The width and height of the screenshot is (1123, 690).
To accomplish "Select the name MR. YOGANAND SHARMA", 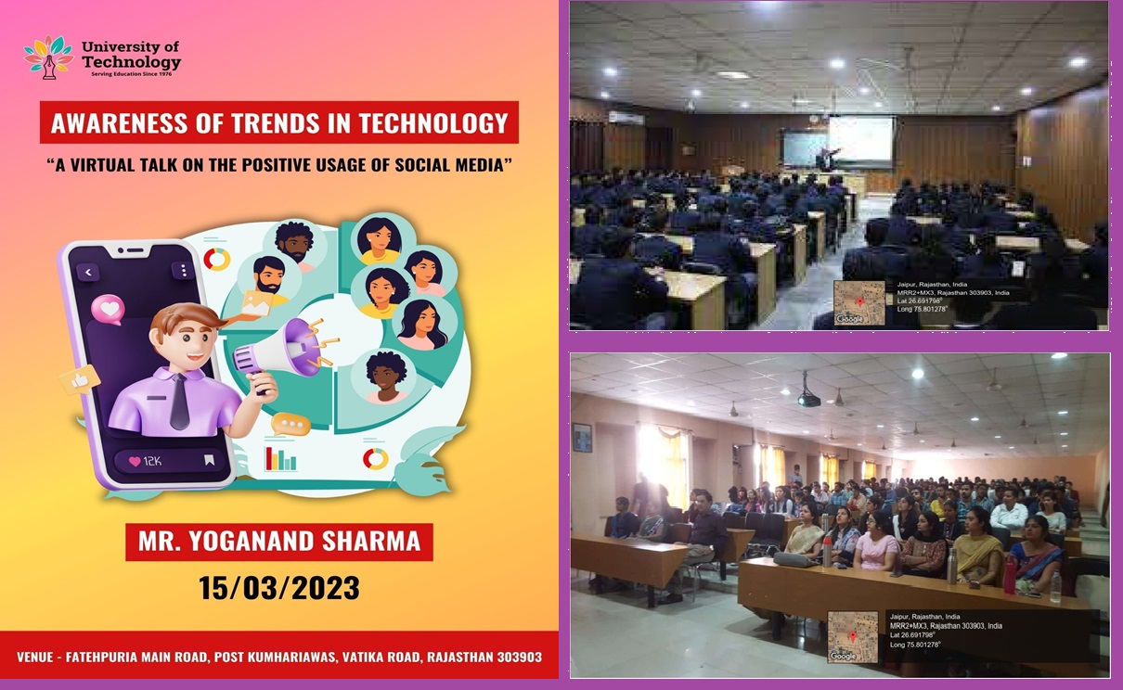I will [279, 542].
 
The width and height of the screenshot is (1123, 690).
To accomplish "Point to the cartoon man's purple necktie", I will [179, 402].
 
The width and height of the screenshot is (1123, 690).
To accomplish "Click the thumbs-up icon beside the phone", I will [80, 379].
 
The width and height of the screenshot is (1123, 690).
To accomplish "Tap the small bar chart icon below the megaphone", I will [280, 458].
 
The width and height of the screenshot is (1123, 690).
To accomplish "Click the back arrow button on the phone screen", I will [88, 272].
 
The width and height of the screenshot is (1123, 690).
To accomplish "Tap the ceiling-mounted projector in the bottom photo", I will [808, 397].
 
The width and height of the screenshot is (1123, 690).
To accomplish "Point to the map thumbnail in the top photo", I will [858, 302].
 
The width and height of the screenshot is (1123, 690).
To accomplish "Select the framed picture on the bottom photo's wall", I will [582, 437].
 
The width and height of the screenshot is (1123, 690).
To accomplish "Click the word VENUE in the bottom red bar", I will [41, 657].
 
